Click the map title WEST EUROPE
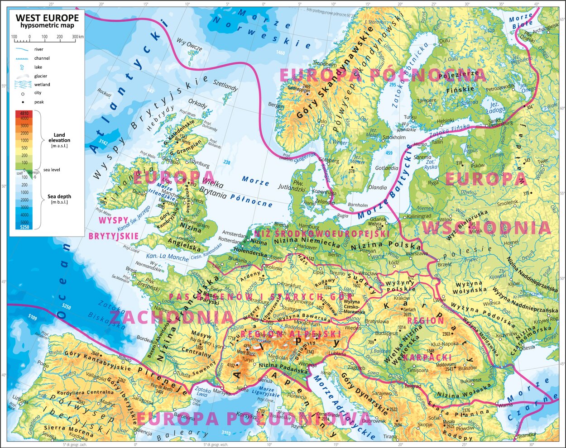pos(47,18)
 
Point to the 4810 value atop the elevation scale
pos(24,114)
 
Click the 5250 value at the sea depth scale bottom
pos(24,227)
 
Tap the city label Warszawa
pos(417,254)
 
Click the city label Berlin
pos(334,255)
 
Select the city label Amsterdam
pos(235,234)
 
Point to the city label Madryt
pos(107,402)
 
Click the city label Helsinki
pos(446,120)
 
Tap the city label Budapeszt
pos(386,334)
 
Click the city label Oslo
pos(322,121)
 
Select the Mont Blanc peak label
pos(247,353)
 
